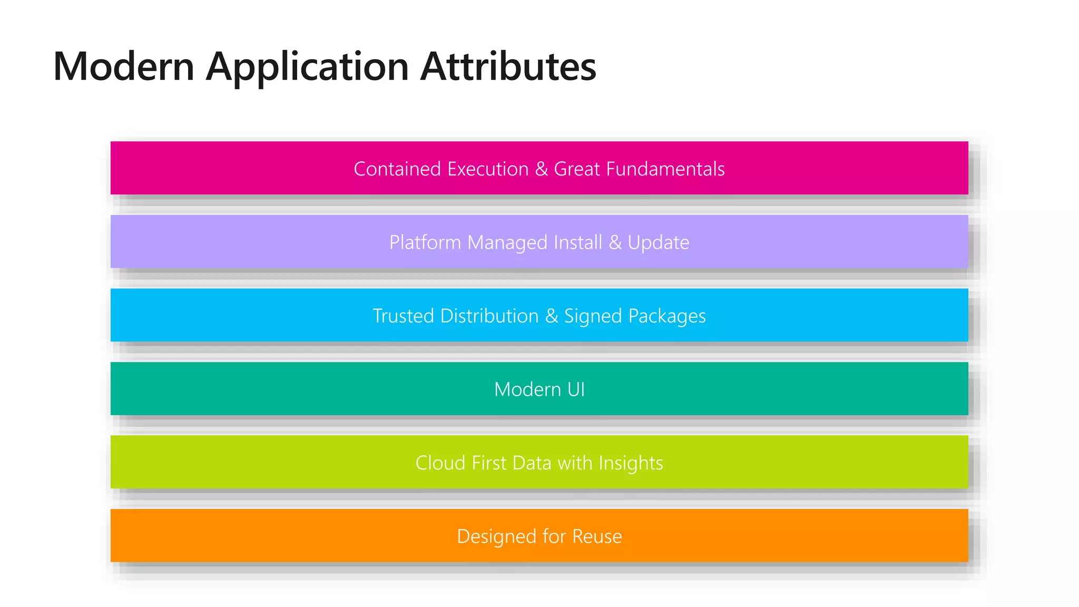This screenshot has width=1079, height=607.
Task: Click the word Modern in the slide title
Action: [124, 67]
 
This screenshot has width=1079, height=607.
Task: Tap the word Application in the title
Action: [307, 67]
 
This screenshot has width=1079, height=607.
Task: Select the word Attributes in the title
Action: [508, 67]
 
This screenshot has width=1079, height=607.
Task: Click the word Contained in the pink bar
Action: [397, 169]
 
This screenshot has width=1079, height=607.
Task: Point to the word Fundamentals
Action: [665, 169]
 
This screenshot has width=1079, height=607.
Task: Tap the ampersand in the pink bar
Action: [541, 169]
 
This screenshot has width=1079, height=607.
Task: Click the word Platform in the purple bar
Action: [425, 242]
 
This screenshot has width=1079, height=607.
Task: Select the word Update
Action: [658, 242]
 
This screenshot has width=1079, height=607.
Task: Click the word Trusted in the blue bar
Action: [404, 316]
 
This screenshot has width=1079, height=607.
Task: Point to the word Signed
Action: [593, 316]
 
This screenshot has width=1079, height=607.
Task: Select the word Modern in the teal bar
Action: [527, 389]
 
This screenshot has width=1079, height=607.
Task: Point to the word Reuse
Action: [597, 536]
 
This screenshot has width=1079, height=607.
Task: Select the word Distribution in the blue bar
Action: [489, 316]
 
